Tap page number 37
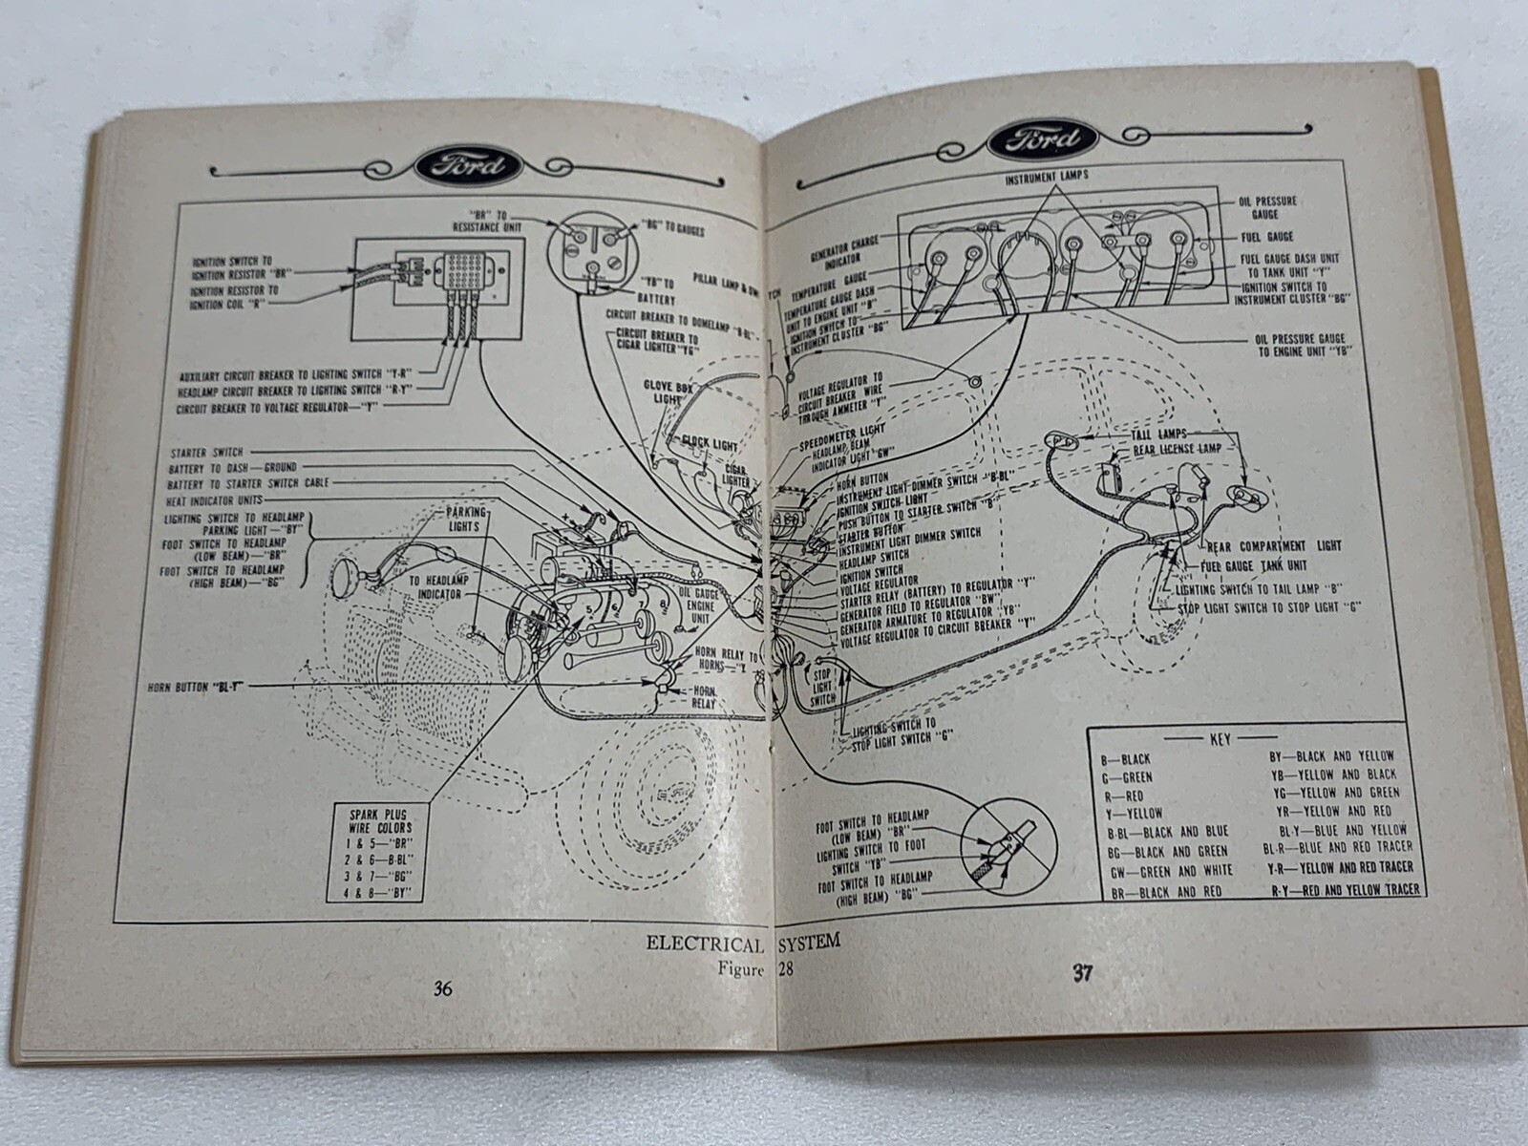pos(1081,974)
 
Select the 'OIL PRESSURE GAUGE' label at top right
pos(1277,207)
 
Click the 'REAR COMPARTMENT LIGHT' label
pos(1274,545)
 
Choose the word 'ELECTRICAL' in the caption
pos(705,944)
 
